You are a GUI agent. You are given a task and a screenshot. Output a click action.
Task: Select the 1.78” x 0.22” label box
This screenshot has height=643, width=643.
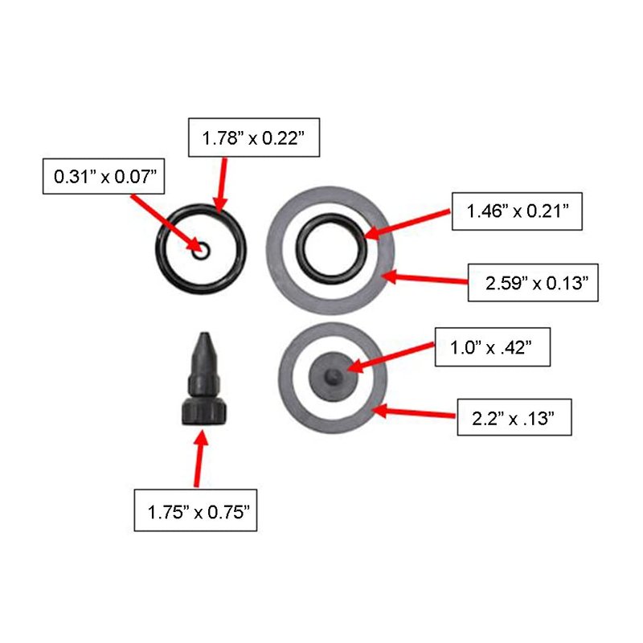254,137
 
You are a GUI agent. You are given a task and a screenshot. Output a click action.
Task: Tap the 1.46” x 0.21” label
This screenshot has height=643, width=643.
517,211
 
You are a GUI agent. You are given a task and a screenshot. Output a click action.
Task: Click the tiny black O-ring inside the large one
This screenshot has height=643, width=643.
201,249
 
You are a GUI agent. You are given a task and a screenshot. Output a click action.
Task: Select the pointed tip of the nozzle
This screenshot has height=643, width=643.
204,334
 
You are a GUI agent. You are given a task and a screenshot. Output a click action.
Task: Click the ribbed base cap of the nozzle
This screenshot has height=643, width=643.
204,411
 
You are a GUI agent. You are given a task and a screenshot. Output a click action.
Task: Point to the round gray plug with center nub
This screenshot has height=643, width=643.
333,376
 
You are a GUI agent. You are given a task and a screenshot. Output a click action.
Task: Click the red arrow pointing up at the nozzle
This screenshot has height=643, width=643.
199,458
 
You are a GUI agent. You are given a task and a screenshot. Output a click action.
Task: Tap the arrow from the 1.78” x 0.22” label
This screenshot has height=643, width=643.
222,186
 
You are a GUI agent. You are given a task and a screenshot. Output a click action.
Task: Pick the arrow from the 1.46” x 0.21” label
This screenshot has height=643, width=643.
407,224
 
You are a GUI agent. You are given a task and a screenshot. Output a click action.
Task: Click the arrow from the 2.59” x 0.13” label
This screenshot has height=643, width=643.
424,278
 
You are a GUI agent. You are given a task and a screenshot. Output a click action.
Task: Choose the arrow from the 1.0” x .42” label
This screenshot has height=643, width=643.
391,358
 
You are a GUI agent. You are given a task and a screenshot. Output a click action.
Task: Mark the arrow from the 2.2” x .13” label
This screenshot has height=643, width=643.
413,412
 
